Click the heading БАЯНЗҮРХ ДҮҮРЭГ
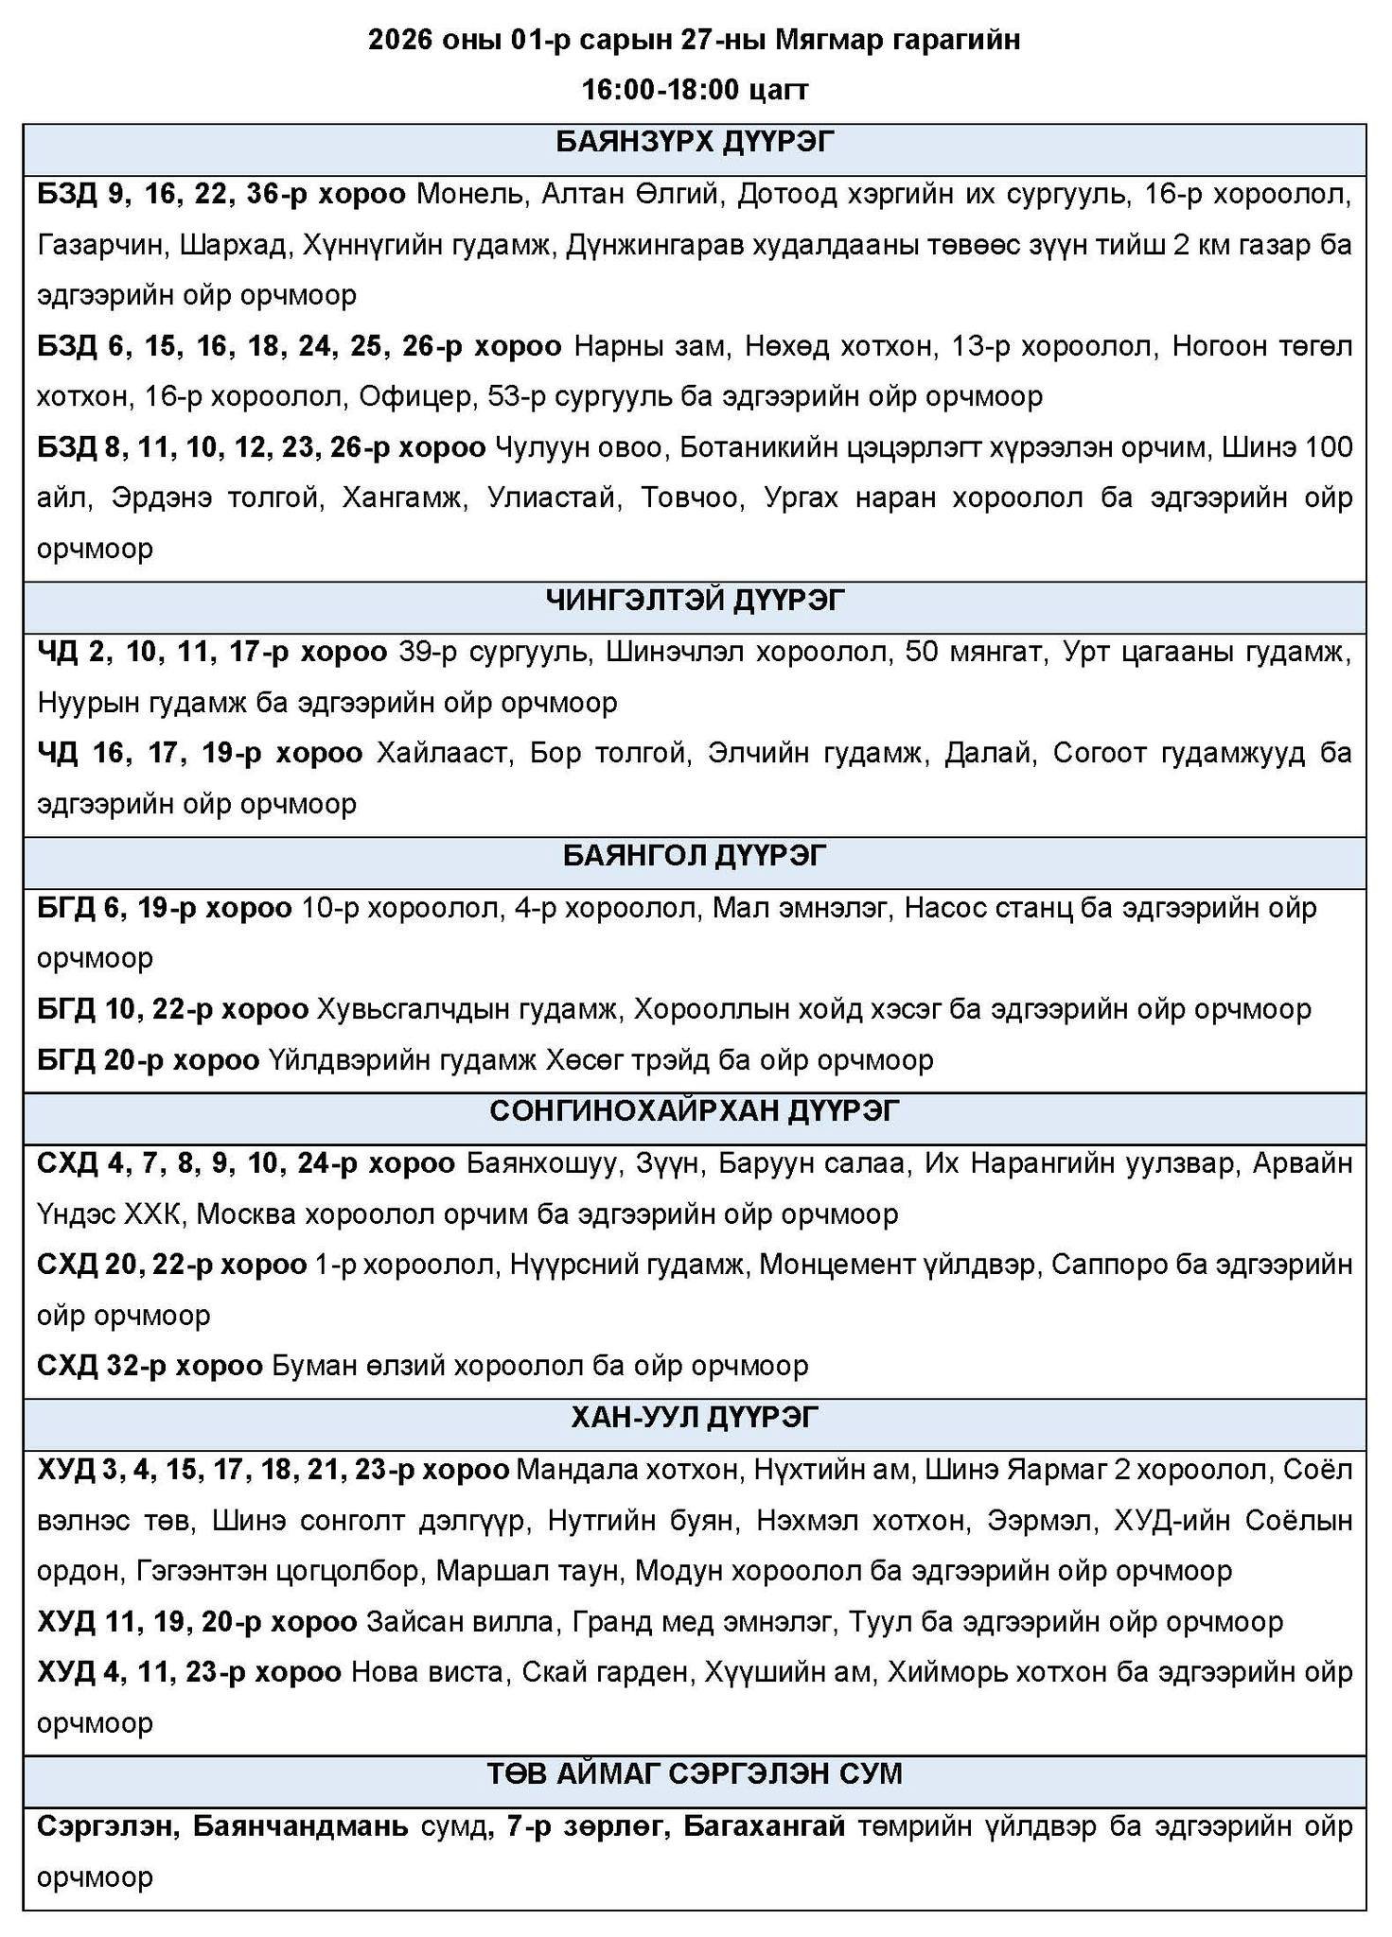(696, 143)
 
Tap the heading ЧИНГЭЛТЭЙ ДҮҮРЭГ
(696, 600)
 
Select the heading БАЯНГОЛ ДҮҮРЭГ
(696, 855)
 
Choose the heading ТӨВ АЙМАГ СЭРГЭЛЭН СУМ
(696, 1773)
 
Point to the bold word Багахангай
(764, 1826)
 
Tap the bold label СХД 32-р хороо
(150, 1366)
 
